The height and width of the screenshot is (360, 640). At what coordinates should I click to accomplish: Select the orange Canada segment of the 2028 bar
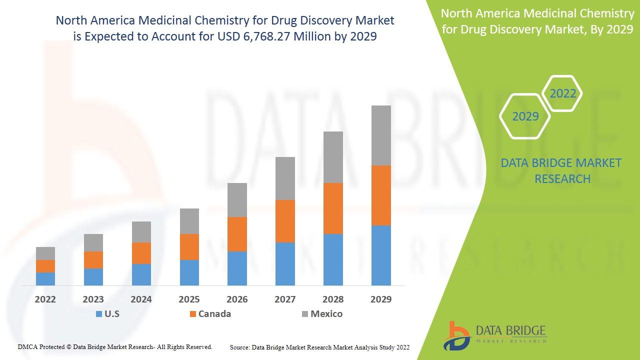pyautogui.click(x=333, y=208)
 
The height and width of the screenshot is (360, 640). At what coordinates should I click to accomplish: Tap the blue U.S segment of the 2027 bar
pyautogui.click(x=285, y=264)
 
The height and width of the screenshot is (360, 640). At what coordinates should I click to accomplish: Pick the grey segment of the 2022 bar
pyautogui.click(x=45, y=253)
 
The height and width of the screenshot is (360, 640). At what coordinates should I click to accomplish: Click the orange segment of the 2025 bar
pyautogui.click(x=189, y=247)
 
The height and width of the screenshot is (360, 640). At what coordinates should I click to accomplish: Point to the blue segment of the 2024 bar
pyautogui.click(x=141, y=274)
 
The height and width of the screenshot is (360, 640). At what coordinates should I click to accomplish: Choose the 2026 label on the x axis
pyautogui.click(x=237, y=299)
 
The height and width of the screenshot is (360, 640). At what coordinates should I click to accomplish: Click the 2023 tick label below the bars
pyautogui.click(x=93, y=299)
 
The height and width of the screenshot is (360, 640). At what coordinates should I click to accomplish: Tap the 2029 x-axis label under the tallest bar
pyautogui.click(x=381, y=299)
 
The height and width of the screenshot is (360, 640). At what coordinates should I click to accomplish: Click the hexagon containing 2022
pyautogui.click(x=562, y=93)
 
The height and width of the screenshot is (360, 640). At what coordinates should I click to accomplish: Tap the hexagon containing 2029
pyautogui.click(x=525, y=116)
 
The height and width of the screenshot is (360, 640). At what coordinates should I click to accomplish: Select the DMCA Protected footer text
pyautogui.click(x=115, y=346)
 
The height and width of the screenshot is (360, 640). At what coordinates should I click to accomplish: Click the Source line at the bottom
pyautogui.click(x=319, y=347)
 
